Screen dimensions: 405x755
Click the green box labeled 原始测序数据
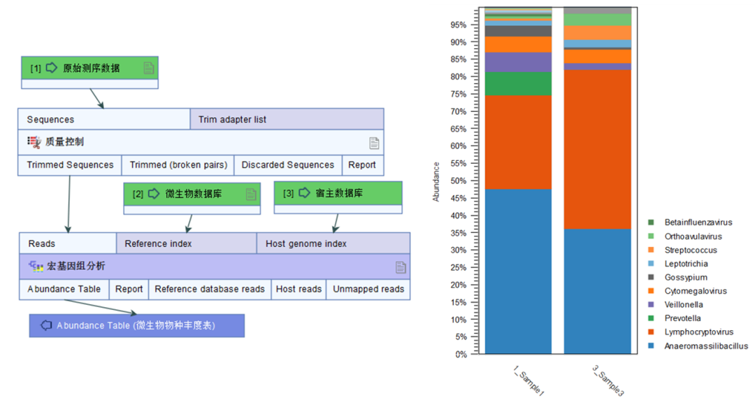[x=90, y=68]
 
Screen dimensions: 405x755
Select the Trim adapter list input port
[x=287, y=119]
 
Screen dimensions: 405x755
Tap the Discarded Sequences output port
[x=287, y=165]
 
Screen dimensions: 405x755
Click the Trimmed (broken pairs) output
[x=178, y=165]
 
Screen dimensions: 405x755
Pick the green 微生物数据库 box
[x=192, y=194]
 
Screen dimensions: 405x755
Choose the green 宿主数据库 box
[x=338, y=194]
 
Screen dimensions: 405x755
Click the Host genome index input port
[x=333, y=243]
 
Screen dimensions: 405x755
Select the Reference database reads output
[x=210, y=289]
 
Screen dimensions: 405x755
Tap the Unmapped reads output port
[x=368, y=289]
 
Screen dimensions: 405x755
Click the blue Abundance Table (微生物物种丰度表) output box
[x=137, y=325]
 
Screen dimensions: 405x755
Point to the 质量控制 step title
[x=64, y=142]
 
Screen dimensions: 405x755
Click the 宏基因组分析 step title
[x=76, y=267]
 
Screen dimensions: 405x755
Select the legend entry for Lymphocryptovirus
[x=699, y=332]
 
